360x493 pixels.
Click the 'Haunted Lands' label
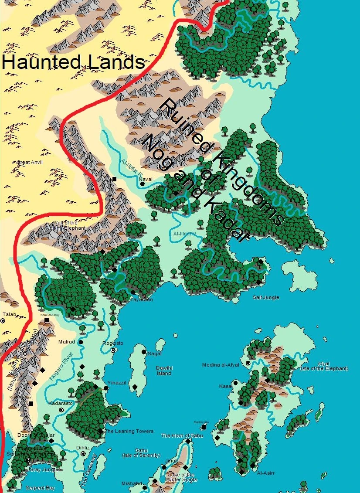point(73,62)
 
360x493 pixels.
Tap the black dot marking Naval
point(143,184)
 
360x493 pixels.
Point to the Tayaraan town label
point(142,300)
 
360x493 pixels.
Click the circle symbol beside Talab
point(3,320)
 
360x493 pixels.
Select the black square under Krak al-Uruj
point(47,320)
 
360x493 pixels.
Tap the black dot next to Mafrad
point(81,342)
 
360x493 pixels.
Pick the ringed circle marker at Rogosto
point(113,350)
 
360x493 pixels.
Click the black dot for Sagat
point(144,352)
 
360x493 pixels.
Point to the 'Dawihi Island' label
point(164,371)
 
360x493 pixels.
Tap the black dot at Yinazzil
point(106,388)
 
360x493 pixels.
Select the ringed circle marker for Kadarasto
point(61,410)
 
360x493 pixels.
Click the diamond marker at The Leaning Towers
point(101,431)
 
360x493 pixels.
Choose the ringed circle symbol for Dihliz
point(83,454)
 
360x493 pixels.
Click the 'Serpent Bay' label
point(40,488)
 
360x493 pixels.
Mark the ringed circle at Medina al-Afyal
point(248,363)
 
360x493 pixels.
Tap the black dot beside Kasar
point(235,383)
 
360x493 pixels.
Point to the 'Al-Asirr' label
point(265,473)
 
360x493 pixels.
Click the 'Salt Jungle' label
point(266,298)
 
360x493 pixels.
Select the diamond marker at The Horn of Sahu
point(188,441)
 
